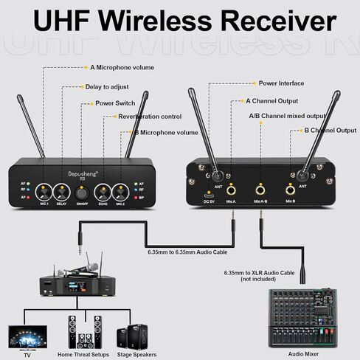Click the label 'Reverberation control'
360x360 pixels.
click(150, 117)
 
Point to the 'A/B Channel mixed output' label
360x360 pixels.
click(285, 116)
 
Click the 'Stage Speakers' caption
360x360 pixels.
click(136, 355)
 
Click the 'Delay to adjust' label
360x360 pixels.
click(114, 86)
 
